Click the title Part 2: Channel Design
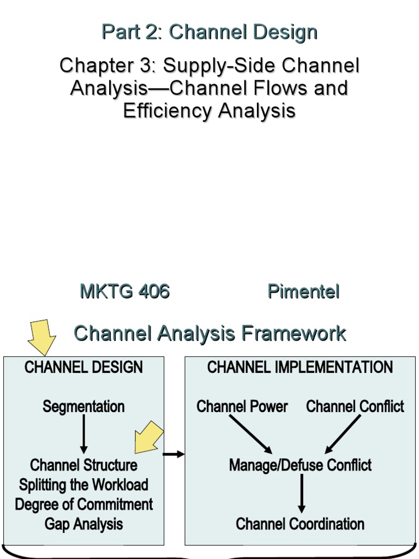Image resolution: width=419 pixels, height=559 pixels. click(x=209, y=32)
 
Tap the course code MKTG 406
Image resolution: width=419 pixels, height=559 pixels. click(x=124, y=292)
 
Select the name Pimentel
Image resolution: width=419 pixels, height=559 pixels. click(x=303, y=292)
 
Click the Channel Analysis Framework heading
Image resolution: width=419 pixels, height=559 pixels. click(x=209, y=333)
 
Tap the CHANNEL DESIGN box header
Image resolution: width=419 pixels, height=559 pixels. click(x=83, y=367)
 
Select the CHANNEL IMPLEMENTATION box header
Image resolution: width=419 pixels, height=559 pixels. click(x=300, y=367)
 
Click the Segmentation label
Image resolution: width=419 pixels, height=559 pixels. click(x=83, y=407)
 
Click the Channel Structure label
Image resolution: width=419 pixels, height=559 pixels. click(x=83, y=465)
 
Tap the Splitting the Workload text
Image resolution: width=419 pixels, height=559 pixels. click(x=83, y=485)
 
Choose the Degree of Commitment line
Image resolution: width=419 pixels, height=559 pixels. click(x=83, y=504)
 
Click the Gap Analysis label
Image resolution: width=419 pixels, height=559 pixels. click(x=83, y=524)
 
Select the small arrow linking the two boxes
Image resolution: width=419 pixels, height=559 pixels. click(x=174, y=454)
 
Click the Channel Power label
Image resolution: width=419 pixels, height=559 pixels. click(x=242, y=407)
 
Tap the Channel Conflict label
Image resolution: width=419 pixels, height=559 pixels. click(x=355, y=407)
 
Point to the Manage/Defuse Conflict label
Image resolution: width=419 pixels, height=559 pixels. click(x=300, y=465)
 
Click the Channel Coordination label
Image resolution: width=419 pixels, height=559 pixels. click(x=300, y=524)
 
